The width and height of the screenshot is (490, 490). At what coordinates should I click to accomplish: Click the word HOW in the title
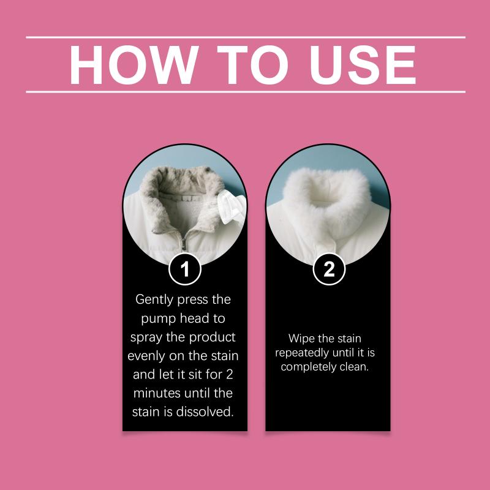coord(134,65)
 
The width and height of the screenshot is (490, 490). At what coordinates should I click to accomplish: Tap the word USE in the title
coord(363,65)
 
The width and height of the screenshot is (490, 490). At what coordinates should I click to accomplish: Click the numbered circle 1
coord(185,269)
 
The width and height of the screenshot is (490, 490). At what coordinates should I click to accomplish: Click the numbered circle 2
coord(329,269)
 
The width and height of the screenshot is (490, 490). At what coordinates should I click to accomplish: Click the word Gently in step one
coord(154,300)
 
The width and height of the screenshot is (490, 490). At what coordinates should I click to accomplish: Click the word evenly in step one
coord(146,356)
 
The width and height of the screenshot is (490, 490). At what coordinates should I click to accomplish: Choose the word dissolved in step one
coord(205,412)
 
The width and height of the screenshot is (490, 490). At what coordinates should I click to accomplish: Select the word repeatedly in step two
coord(302,353)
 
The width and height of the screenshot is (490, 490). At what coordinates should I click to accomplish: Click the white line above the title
coord(246,37)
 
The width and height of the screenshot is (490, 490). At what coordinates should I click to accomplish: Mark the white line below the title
coord(246,92)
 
